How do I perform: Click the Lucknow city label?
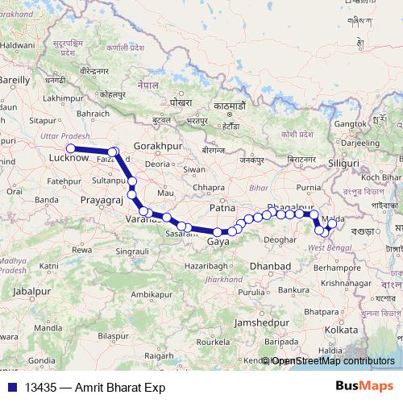[68, 160]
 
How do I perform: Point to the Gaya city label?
[217, 241]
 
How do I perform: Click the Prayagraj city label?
[101, 197]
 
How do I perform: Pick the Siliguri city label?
[343, 163]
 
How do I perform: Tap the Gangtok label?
[350, 123]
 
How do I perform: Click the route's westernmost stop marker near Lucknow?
[70, 148]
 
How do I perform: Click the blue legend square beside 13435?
[13, 388]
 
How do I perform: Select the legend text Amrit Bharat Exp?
[120, 388]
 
